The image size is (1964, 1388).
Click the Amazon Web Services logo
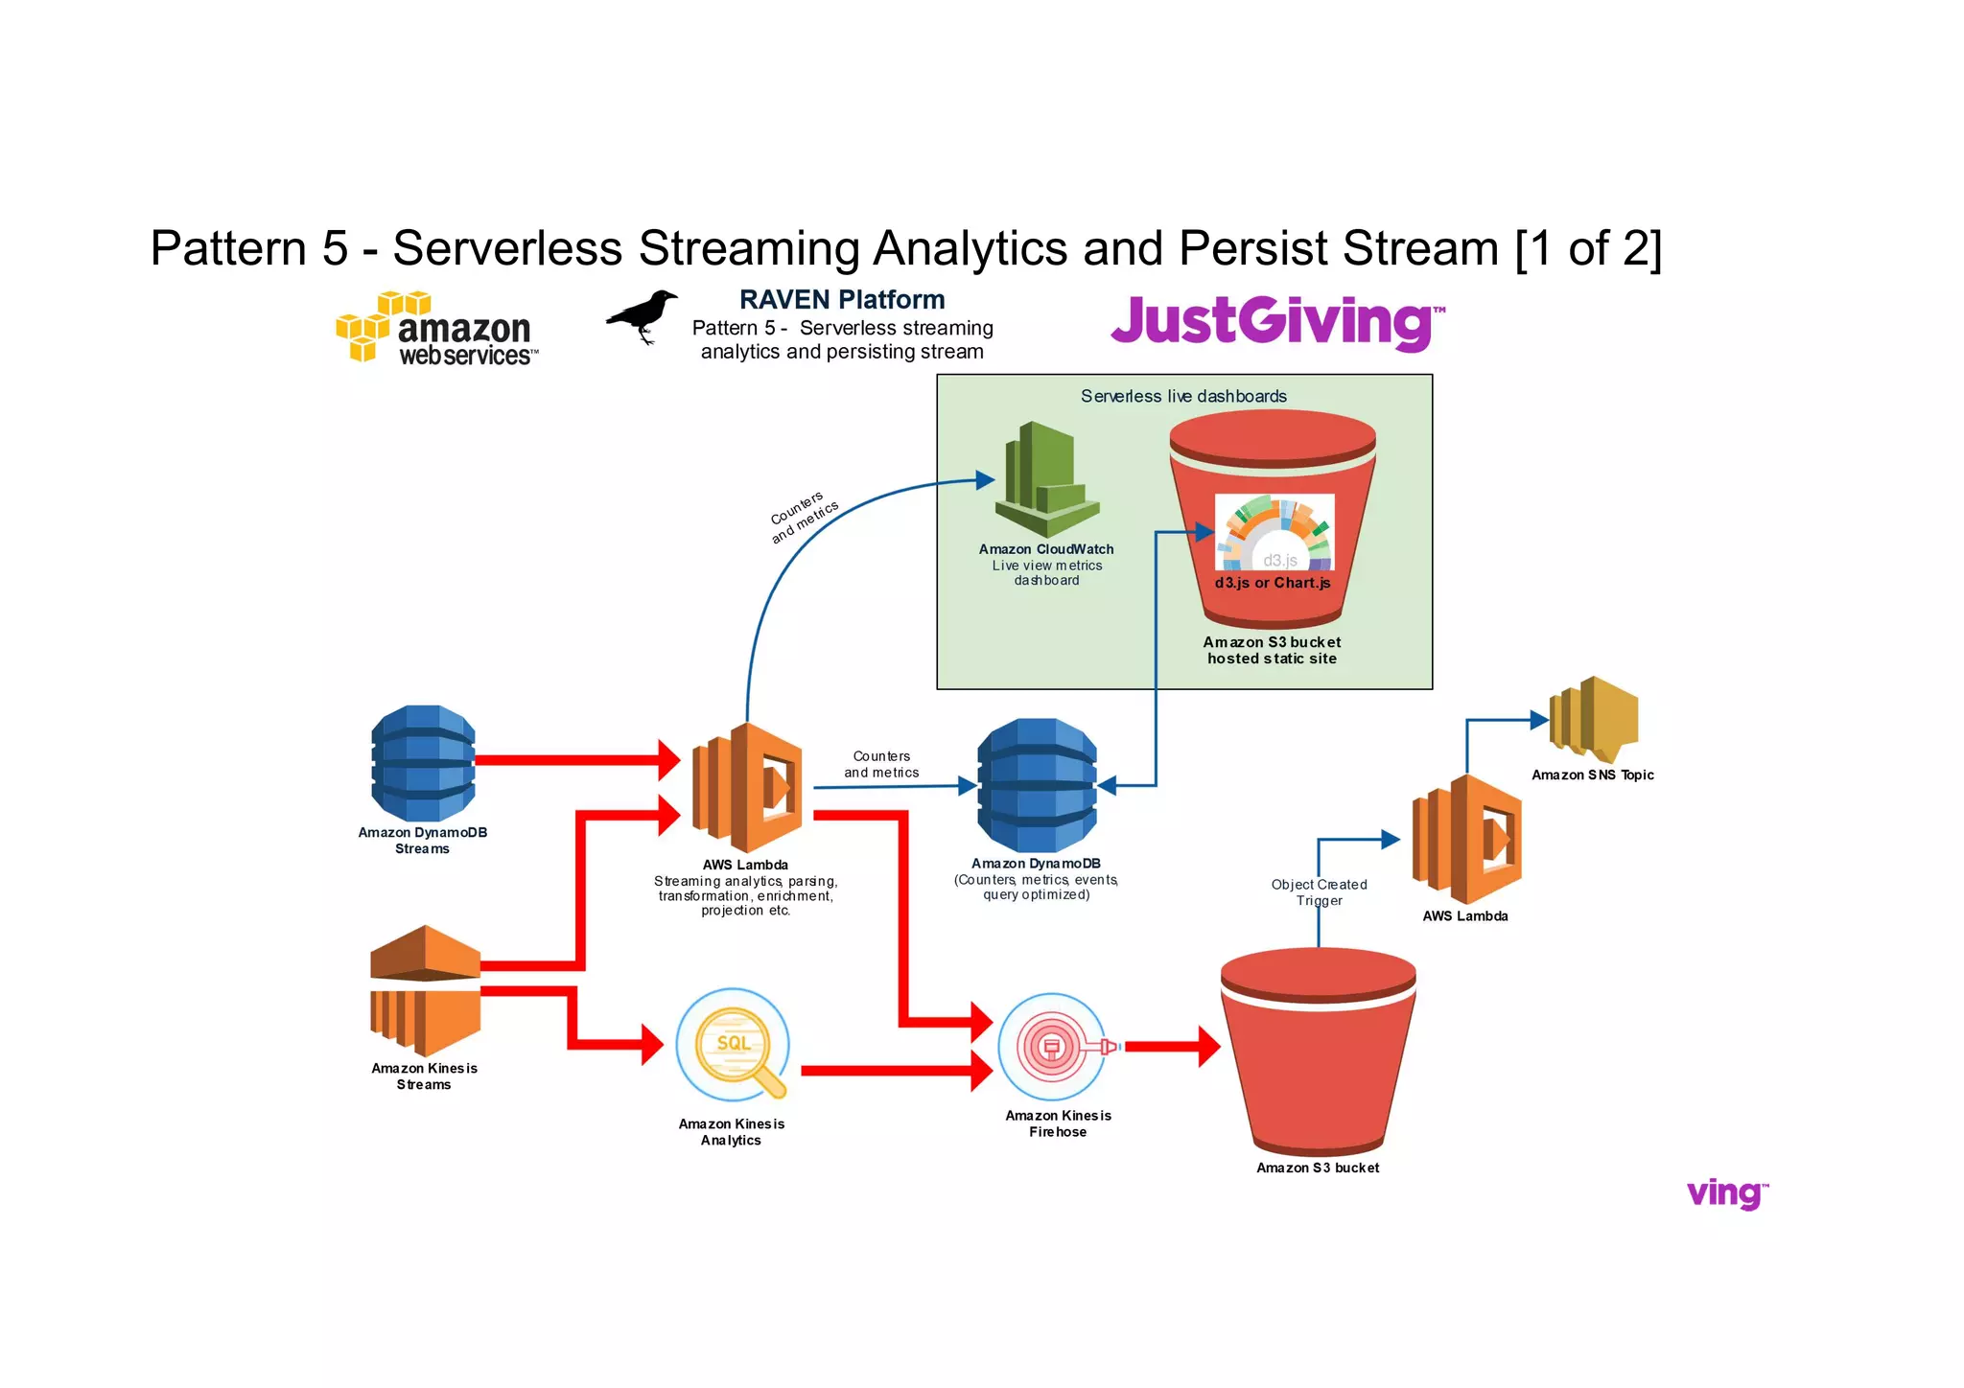pyautogui.click(x=437, y=329)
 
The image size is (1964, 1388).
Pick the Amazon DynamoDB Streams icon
pyautogui.click(x=423, y=763)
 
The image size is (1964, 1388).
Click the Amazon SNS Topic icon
pyautogui.click(x=1593, y=719)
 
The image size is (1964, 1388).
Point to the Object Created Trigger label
pyautogui.click(x=1319, y=892)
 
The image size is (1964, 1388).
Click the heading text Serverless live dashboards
pyautogui.click(x=1183, y=396)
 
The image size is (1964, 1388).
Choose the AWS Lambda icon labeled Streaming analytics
pyautogui.click(x=748, y=788)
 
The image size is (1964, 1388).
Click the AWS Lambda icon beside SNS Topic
pyautogui.click(x=1466, y=840)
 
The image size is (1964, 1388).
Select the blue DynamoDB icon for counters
pyautogui.click(x=1037, y=786)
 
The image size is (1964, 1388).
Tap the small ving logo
pyautogui.click(x=1727, y=1193)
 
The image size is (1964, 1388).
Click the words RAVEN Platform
pyautogui.click(x=842, y=300)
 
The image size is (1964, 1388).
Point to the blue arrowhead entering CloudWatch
pyautogui.click(x=985, y=479)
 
